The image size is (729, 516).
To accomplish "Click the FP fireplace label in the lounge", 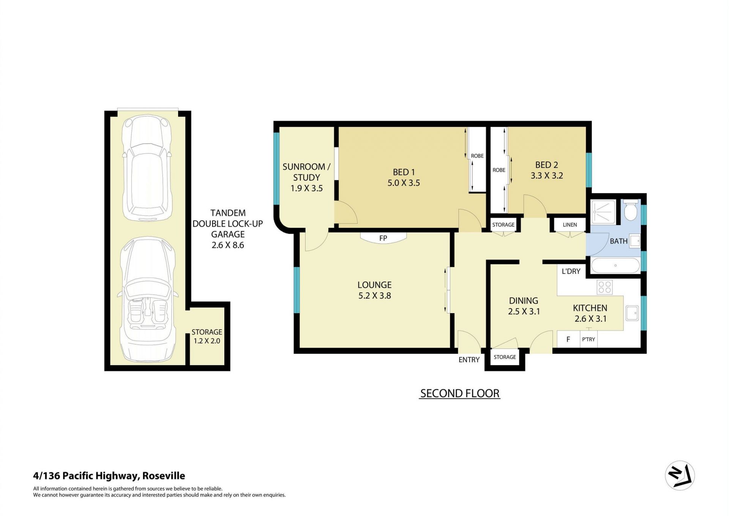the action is (383, 238).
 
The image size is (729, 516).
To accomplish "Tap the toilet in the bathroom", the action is (631, 210).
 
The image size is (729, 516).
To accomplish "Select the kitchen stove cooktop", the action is (604, 287).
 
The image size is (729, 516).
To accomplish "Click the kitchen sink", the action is (632, 313).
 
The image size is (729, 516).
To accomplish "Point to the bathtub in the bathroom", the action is (615, 265).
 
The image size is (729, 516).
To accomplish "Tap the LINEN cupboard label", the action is (570, 225).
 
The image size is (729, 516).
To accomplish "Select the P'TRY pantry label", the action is (589, 339).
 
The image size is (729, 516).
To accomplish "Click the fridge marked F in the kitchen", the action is (568, 339).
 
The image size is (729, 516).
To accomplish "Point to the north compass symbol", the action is (680, 475).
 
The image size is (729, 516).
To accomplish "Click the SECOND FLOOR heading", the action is (460, 393).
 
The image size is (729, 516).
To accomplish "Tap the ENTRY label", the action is (469, 360).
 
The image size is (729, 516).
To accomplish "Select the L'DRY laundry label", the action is (571, 271).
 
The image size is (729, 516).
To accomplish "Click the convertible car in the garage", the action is (147, 300).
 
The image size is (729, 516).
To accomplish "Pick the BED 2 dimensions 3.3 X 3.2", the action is (547, 176).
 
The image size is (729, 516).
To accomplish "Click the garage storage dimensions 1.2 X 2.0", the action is (207, 341).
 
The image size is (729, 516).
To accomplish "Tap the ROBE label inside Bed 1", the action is (477, 156).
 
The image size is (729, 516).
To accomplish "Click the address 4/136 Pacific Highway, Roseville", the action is (109, 476).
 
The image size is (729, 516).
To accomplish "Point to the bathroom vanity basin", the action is (634, 241).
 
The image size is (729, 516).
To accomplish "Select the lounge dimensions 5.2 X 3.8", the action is (375, 296).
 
